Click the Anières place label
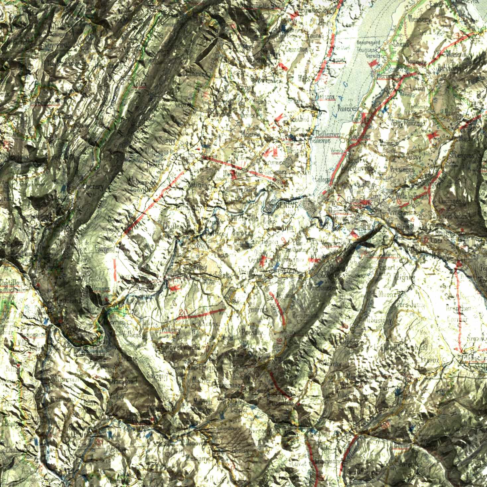(347, 108)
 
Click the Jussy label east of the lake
(413, 156)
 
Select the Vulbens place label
(132, 335)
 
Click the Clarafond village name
(124, 382)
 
